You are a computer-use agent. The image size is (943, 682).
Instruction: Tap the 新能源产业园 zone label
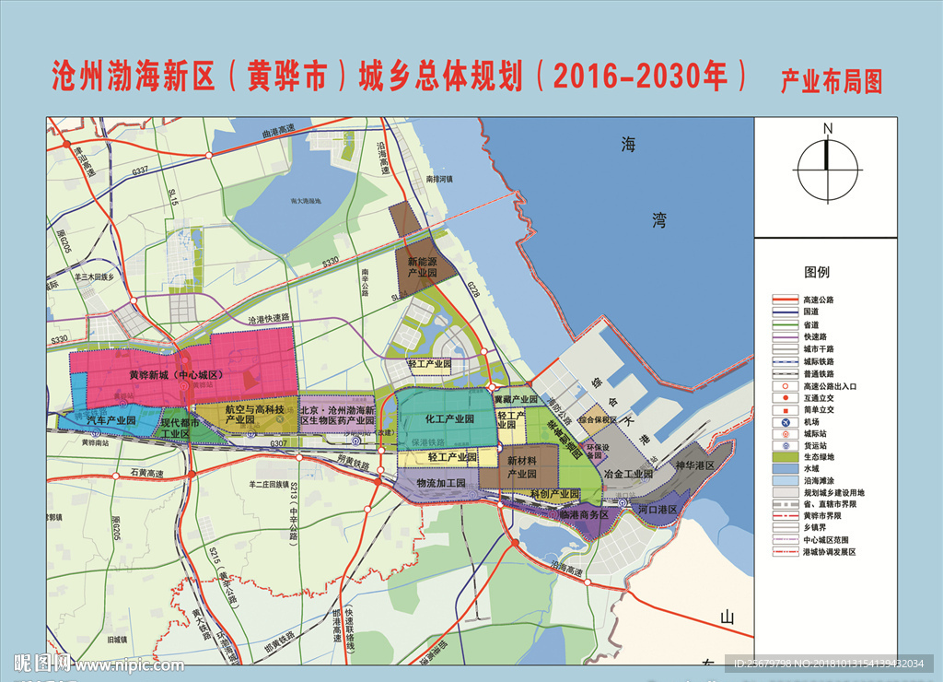click(x=423, y=267)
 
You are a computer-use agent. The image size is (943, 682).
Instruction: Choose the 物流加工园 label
click(x=441, y=483)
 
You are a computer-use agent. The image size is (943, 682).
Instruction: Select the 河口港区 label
click(x=658, y=508)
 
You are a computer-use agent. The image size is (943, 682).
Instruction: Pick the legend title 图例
click(x=817, y=272)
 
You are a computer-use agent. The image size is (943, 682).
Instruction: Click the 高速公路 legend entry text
click(x=821, y=300)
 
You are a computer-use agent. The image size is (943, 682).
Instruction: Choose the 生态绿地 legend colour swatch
click(x=781, y=456)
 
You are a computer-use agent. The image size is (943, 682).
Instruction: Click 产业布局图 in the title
click(x=831, y=81)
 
